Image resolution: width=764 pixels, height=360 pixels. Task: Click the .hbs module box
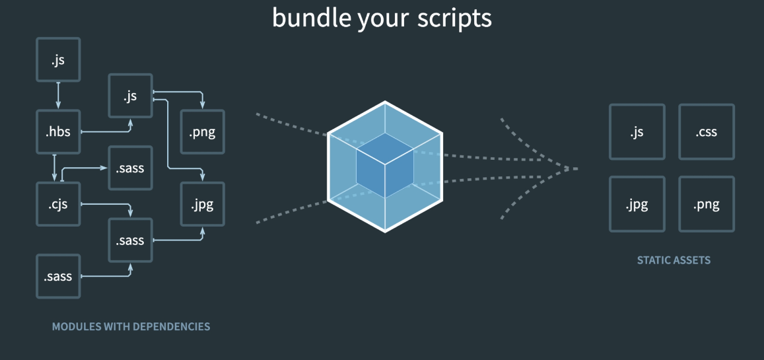(x=57, y=132)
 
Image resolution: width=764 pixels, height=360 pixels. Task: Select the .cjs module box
(x=57, y=204)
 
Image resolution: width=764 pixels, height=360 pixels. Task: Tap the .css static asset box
(x=706, y=132)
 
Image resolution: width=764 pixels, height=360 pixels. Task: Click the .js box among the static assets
(x=637, y=132)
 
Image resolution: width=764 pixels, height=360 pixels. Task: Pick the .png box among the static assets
(x=706, y=204)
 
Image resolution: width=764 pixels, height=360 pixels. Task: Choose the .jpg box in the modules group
(x=202, y=204)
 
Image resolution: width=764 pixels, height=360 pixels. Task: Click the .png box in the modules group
(x=202, y=132)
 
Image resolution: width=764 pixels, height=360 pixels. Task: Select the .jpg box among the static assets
(x=637, y=204)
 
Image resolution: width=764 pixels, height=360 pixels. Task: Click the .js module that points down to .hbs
(x=57, y=60)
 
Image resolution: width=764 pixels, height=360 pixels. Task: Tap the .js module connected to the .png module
(x=129, y=96)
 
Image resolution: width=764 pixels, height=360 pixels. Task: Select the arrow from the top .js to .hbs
(x=57, y=96)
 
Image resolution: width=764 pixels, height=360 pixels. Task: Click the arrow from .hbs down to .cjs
(x=55, y=168)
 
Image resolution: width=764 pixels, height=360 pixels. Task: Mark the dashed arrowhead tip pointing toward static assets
(x=576, y=168)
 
